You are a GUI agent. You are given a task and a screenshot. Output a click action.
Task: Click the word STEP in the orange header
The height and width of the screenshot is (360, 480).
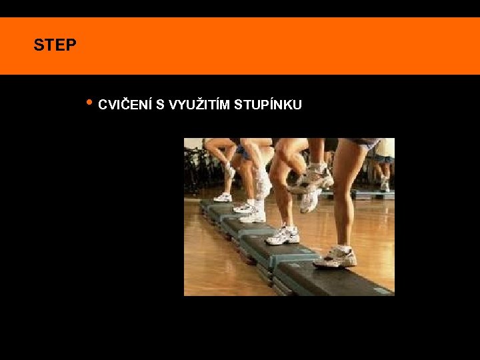55,46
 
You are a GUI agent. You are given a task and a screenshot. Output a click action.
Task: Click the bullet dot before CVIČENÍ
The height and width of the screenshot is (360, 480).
89,103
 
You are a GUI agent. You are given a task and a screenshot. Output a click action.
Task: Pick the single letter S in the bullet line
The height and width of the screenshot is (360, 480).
160,105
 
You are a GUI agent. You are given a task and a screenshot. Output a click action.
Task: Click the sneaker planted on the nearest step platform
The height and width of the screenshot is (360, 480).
335,257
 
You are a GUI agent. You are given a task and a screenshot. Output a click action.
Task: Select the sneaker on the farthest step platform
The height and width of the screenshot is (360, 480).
223,197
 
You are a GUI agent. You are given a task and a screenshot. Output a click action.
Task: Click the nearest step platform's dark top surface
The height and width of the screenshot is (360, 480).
333,277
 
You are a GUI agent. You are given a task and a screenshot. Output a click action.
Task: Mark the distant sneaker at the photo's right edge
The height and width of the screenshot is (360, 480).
385,186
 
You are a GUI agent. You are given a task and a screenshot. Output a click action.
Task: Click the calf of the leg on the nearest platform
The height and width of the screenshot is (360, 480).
345,200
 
